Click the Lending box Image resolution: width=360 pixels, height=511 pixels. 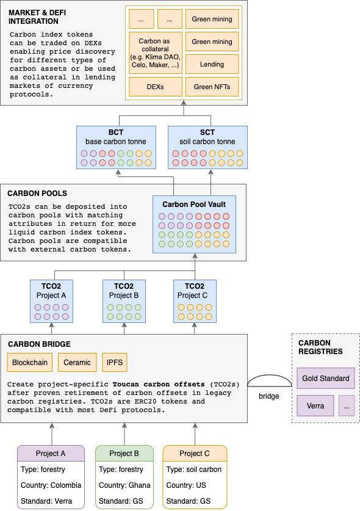[212, 64]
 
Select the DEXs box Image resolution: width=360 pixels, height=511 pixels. [156, 87]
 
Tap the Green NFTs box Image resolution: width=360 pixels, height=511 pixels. [212, 87]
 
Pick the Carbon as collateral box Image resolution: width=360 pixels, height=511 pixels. [156, 53]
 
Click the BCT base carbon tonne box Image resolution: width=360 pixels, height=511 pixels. [116, 147]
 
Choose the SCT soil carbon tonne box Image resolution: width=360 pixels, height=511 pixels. [207, 147]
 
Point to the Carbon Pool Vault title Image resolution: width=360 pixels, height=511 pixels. [194, 205]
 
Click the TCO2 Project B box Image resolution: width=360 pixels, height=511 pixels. [124, 301]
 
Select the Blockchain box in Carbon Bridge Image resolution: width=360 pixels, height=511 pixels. [30, 363]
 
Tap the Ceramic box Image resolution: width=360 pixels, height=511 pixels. [77, 363]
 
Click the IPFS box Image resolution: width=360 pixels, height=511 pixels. [115, 363]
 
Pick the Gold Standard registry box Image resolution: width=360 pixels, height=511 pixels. [325, 379]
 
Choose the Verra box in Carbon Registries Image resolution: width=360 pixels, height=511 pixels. [315, 406]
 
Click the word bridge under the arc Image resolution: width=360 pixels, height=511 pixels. [268, 396]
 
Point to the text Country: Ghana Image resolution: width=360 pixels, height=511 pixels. [124, 485]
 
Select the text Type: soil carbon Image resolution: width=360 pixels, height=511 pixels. [194, 469]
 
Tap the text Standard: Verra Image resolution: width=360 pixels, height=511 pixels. [46, 501]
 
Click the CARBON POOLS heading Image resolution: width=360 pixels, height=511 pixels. [37, 194]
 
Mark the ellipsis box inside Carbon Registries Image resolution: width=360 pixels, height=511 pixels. [347, 406]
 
